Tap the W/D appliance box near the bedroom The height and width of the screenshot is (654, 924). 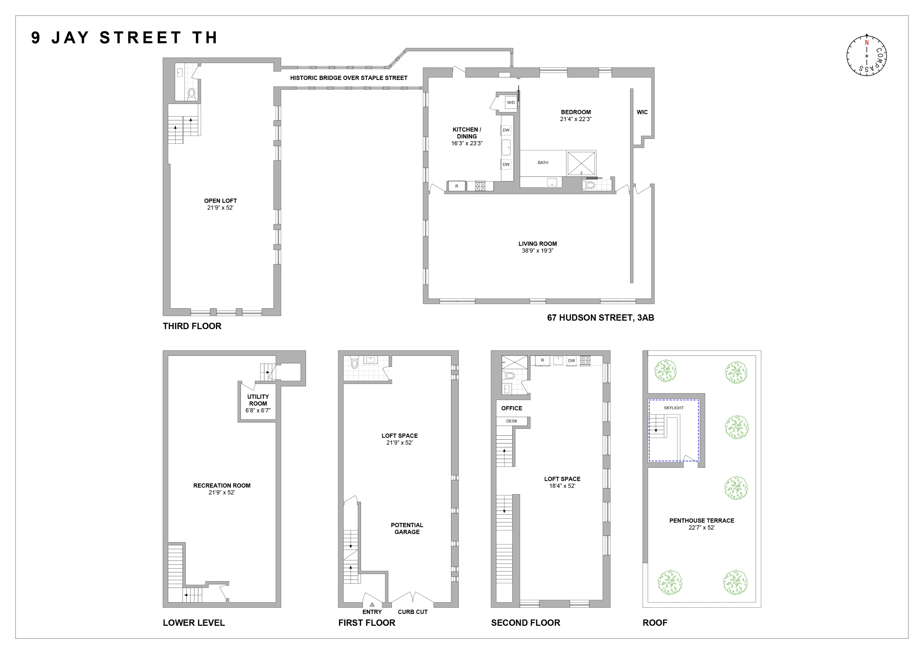pos(511,102)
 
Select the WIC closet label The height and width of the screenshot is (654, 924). pos(642,112)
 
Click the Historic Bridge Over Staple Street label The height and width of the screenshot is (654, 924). pos(349,78)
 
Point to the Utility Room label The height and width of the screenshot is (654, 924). pos(258,400)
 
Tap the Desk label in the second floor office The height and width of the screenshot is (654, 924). pos(512,421)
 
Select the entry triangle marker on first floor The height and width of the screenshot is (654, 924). pos(372,604)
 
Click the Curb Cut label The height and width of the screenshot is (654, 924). pos(412,612)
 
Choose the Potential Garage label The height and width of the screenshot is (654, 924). pos(407,528)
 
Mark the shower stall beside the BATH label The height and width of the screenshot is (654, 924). pos(581,163)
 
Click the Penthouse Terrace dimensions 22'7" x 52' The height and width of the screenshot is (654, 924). pos(701,527)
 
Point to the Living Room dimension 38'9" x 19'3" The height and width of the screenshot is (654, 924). pos(537,250)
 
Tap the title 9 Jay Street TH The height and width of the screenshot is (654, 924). pos(124,38)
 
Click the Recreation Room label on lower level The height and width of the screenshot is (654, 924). pos(222,486)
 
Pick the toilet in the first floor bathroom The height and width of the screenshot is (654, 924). pos(355,364)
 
